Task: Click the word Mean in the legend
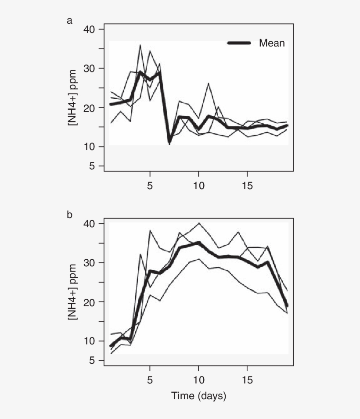[272, 43]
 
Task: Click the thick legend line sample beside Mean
[239, 43]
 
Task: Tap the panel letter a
[69, 20]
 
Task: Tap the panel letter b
[69, 215]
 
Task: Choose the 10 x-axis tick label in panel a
[198, 185]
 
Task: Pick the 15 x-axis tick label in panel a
[248, 185]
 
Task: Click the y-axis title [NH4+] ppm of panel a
[72, 98]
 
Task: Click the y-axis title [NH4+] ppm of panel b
[72, 292]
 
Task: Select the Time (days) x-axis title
[198, 397]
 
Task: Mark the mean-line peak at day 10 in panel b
[198, 242]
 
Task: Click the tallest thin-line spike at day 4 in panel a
[140, 45]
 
